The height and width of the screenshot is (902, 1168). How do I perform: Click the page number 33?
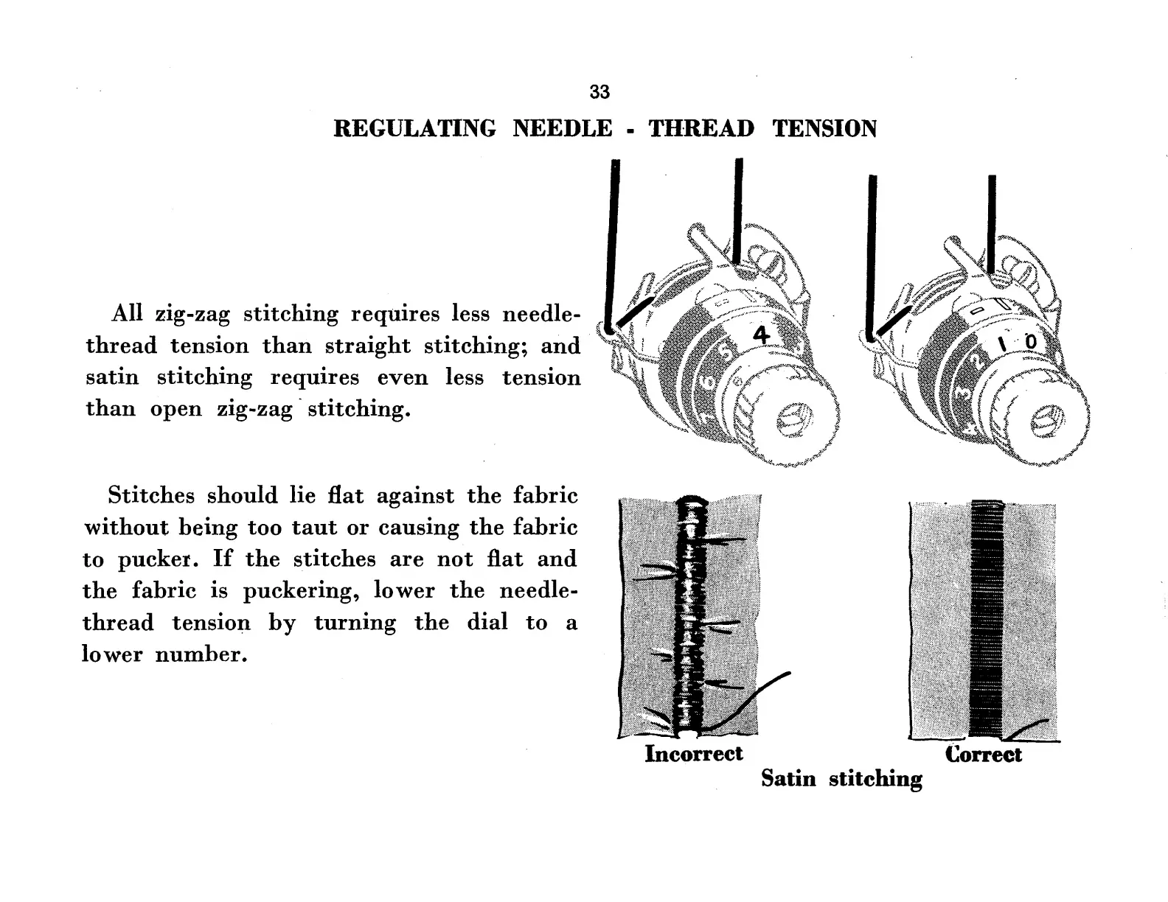point(599,92)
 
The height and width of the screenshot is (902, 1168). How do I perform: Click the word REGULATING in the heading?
point(415,129)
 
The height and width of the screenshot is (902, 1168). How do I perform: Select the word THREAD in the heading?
point(701,129)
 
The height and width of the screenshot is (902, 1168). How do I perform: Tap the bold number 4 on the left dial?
point(760,336)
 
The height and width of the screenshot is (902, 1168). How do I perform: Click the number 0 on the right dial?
point(1030,343)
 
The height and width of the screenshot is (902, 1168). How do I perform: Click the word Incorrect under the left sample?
point(693,754)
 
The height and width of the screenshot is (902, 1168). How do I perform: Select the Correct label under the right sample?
point(983,755)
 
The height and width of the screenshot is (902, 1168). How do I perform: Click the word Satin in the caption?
point(788,779)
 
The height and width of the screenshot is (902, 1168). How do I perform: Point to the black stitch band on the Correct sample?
point(986,619)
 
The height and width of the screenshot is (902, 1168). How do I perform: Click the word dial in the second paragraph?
point(487,623)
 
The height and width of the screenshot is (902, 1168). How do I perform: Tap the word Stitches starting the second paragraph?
point(150,495)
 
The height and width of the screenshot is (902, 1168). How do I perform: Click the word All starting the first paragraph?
point(126,314)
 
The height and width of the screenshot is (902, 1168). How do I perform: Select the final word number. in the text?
point(199,654)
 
